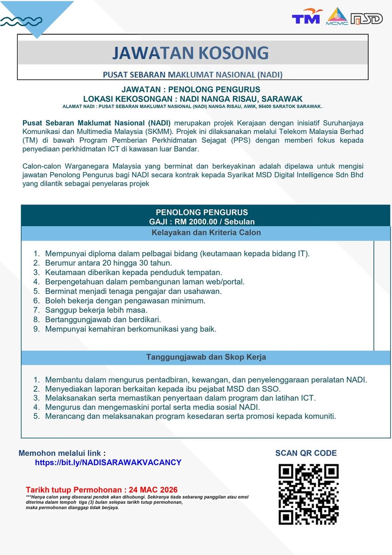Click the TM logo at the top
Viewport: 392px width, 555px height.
click(306, 18)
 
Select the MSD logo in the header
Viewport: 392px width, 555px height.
click(366, 19)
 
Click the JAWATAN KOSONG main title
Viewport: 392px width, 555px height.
click(190, 53)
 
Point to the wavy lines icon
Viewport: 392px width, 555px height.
click(21, 21)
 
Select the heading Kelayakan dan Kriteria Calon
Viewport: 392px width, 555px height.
click(206, 233)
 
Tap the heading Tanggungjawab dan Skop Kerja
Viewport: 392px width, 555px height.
click(206, 357)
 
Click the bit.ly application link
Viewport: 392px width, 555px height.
click(108, 463)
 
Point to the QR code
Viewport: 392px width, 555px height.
click(308, 494)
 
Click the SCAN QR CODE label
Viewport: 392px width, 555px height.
click(306, 453)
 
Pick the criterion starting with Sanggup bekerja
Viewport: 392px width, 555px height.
click(96, 310)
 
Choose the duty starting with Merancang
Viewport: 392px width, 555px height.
click(190, 416)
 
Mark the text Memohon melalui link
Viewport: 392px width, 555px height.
click(62, 453)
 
